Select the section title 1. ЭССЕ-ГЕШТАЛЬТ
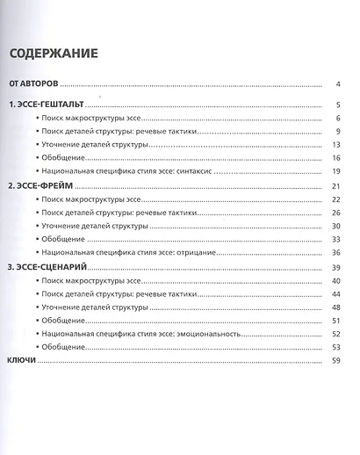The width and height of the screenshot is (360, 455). pos(43,105)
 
